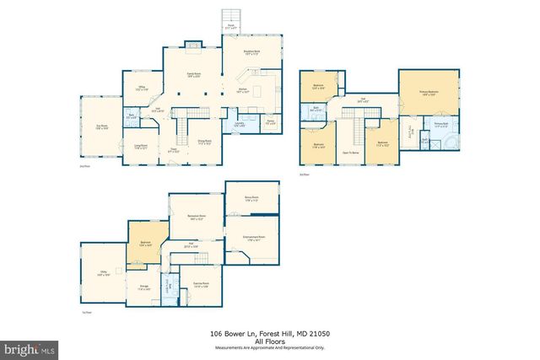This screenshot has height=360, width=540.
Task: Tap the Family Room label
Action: [x=192, y=75]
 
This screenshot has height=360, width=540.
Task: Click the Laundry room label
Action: [x=240, y=125]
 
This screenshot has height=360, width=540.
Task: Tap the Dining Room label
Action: [x=204, y=142]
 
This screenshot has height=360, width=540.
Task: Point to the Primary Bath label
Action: [x=440, y=125]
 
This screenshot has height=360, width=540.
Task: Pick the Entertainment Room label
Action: [x=251, y=237]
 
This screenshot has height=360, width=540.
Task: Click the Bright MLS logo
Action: [x=29, y=347]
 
